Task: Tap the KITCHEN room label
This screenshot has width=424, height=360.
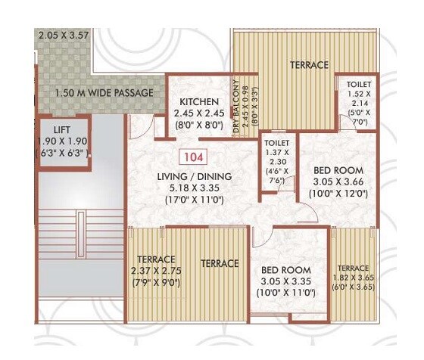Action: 200,102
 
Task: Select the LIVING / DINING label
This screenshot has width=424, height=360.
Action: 193,177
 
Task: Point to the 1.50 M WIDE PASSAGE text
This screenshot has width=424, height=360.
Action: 104,93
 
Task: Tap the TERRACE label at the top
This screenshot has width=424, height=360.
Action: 309,65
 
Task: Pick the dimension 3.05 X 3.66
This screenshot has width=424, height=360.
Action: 338,182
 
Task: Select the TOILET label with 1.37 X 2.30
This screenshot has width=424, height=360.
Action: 274,141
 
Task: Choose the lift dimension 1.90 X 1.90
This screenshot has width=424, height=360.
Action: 64,141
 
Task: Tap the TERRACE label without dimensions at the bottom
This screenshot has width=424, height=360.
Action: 220,264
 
